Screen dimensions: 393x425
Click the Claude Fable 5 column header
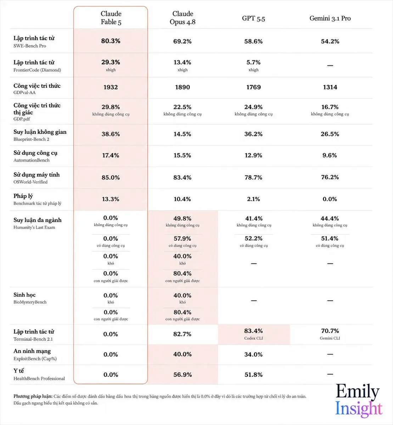pyautogui.click(x=111, y=18)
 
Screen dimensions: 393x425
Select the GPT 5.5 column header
pyautogui.click(x=253, y=18)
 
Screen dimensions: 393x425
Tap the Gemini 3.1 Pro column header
pyautogui.click(x=330, y=18)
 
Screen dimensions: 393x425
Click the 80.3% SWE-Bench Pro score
pyautogui.click(x=111, y=41)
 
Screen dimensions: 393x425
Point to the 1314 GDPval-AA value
pyautogui.click(x=330, y=87)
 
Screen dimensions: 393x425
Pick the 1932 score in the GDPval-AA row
pyautogui.click(x=111, y=87)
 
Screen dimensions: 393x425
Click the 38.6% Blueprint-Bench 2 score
pyautogui.click(x=111, y=134)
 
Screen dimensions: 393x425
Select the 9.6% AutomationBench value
pyautogui.click(x=330, y=155)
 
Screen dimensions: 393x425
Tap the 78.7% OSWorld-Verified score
pyautogui.click(x=253, y=177)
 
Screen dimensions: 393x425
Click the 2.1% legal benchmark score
pyautogui.click(x=253, y=199)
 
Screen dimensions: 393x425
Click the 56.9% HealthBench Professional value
pyautogui.click(x=183, y=374)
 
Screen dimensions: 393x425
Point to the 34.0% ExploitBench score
pyautogui.click(x=253, y=355)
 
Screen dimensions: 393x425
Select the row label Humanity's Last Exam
pyautogui.click(x=34, y=227)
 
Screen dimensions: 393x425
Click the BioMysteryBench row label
pyautogui.click(x=30, y=302)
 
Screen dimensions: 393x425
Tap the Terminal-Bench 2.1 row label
pyautogui.click(x=33, y=339)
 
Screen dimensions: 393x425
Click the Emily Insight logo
pyautogui.click(x=359, y=400)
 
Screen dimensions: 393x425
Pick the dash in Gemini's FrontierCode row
pyautogui.click(x=330, y=66)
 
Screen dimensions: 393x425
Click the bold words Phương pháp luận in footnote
pyautogui.click(x=33, y=396)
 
